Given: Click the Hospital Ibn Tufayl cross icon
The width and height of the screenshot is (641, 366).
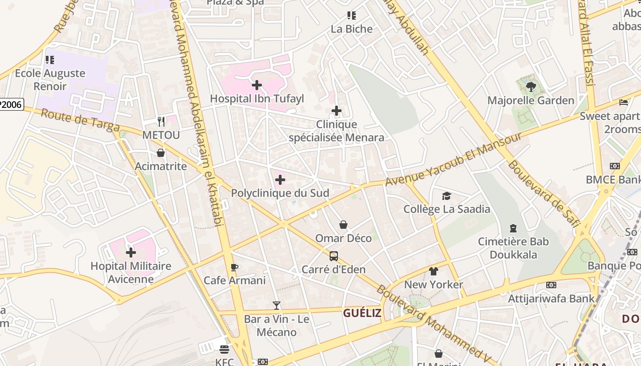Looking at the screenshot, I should [257, 85].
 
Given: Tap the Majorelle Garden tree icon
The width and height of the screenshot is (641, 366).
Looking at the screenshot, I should [531, 86].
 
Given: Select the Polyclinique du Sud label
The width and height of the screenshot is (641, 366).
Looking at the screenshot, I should [280, 193].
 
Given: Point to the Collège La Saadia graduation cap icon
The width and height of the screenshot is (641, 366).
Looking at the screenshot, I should [446, 196].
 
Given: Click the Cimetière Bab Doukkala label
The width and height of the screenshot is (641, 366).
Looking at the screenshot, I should [513, 248].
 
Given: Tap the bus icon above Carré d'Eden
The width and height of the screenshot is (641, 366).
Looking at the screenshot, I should [334, 256].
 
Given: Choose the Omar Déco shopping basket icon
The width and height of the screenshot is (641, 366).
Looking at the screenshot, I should [343, 225].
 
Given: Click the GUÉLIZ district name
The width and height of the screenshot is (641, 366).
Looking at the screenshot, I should [362, 313].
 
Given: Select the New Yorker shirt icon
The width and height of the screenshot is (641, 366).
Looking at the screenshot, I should [434, 271].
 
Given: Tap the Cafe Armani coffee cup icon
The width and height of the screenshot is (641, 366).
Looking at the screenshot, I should [234, 267].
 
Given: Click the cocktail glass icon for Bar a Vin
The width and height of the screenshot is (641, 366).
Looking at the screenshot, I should [277, 306].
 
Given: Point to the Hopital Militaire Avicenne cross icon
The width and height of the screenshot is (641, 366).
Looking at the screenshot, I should [131, 252].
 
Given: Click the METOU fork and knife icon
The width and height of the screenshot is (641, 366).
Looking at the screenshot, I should [161, 122].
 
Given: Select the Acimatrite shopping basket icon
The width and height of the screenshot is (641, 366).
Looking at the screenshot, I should [161, 153].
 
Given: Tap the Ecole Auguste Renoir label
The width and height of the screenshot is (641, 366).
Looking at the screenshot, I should [50, 80].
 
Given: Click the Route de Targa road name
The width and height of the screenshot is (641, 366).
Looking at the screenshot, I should [80, 120].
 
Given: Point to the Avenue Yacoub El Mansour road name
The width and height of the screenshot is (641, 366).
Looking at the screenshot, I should [453, 160].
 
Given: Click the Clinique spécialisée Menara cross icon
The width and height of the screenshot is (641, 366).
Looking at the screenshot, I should [337, 111].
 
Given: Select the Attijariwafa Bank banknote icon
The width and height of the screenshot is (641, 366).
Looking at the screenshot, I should [551, 285].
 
